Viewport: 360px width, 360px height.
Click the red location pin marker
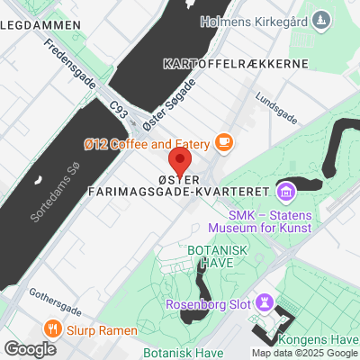tap(181, 164)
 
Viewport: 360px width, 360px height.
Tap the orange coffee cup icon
tap(223, 142)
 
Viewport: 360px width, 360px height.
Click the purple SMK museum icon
tap(286, 191)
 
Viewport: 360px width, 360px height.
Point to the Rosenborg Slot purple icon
tap(265, 300)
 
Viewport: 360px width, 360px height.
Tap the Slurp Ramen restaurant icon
tap(53, 328)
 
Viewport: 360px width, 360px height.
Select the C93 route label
tap(119, 110)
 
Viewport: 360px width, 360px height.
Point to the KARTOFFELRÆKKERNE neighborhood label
tap(236, 64)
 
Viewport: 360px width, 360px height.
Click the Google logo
tap(30, 349)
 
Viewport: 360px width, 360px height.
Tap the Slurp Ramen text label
tap(98, 328)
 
